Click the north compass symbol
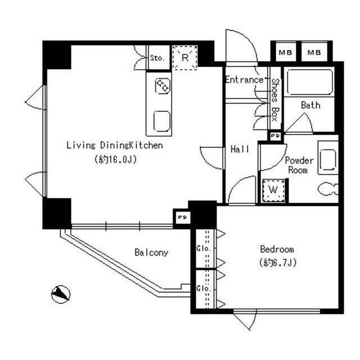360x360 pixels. tap(61, 294)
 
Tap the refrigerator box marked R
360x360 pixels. tap(185, 57)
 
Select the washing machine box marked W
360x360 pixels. tap(273, 190)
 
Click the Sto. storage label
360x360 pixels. tap(157, 58)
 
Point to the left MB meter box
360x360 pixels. tap(285, 52)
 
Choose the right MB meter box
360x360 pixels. tap(314, 52)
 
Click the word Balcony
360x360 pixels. tap(151, 253)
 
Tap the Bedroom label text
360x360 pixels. tap(277, 250)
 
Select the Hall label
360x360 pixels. tap(240, 150)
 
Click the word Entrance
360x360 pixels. tap(244, 80)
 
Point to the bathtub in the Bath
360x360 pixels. tap(309, 82)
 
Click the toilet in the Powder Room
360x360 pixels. tap(328, 189)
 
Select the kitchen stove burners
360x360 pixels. tap(163, 86)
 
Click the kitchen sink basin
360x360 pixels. tap(162, 121)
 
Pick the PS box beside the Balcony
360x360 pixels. tap(182, 217)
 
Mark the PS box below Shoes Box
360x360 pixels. tap(275, 136)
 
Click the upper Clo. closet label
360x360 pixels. tap(204, 249)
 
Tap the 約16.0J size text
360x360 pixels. tap(115, 159)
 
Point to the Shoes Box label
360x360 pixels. tap(275, 100)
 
